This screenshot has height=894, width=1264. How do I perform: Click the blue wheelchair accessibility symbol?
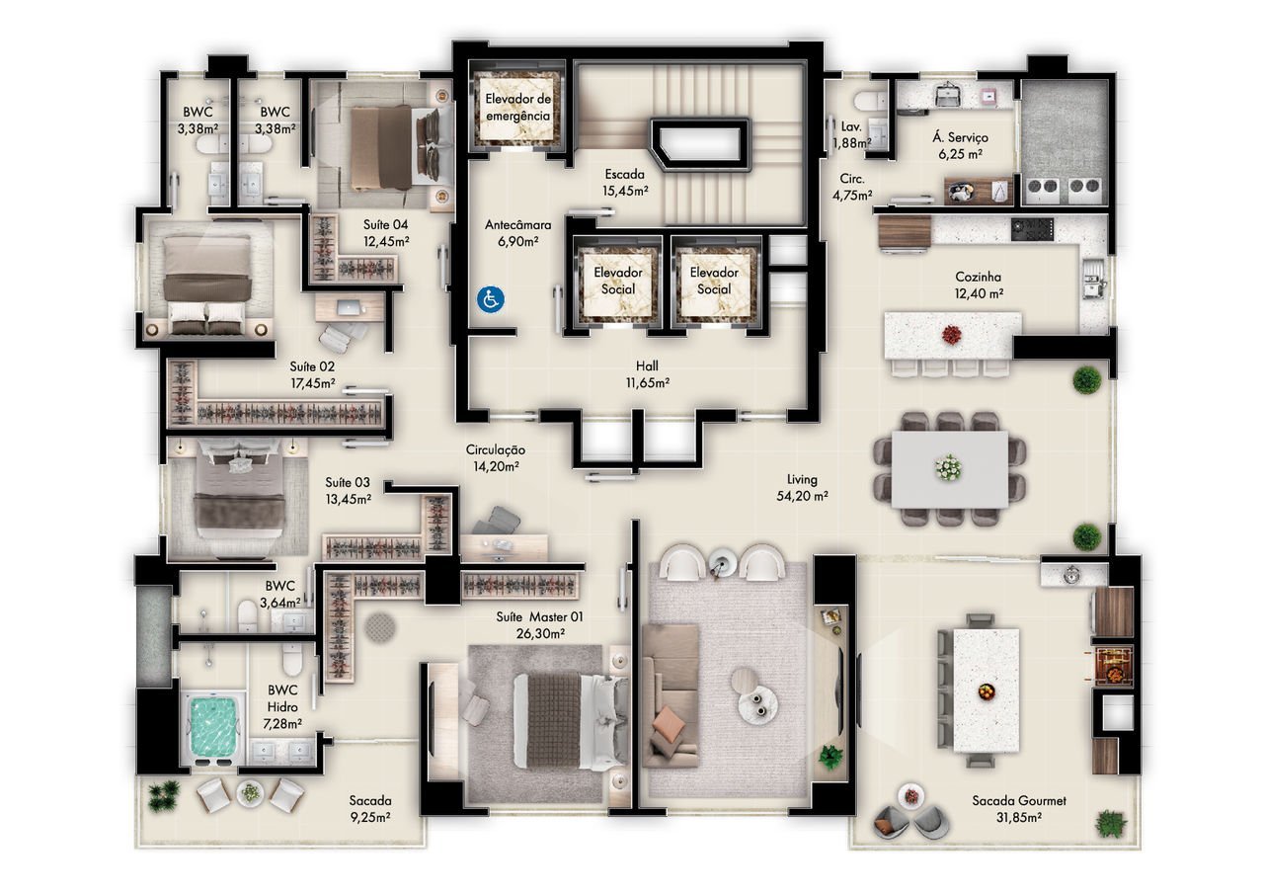coord(490,299)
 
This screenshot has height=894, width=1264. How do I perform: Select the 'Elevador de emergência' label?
coord(517,108)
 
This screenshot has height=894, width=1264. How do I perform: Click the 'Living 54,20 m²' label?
coord(802,488)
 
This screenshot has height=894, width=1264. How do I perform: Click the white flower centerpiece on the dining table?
coord(949,467)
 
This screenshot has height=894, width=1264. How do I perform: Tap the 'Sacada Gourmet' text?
coord(1018,800)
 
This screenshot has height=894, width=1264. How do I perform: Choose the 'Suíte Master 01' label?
coord(539,616)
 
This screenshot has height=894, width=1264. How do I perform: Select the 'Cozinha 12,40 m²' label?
coord(979,285)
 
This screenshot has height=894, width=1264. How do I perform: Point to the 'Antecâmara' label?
coord(518,224)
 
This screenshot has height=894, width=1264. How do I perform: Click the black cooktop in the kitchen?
coord(1032,229)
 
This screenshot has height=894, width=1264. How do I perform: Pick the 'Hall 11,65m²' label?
coord(647,374)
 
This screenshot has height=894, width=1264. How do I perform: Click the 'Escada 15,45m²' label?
coord(625,183)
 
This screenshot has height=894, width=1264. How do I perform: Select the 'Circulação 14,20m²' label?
coord(496,457)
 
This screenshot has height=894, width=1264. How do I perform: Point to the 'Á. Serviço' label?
coord(961,137)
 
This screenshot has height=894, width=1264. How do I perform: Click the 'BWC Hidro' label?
coord(282,698)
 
